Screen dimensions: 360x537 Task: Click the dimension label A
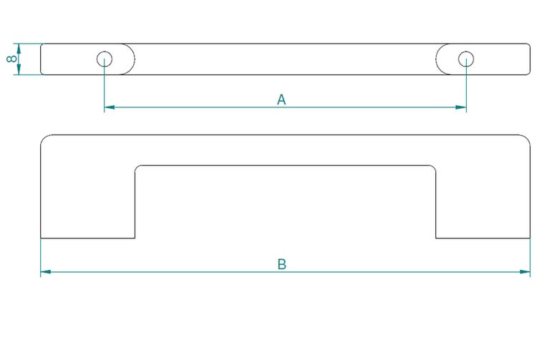click(x=281, y=99)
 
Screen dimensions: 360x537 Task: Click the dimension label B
click(x=282, y=264)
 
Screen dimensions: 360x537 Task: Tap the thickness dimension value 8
click(x=11, y=59)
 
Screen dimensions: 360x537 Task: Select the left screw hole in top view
click(x=105, y=59)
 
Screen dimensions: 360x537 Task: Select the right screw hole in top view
click(x=465, y=59)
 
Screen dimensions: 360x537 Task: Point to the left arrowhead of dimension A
click(x=109, y=107)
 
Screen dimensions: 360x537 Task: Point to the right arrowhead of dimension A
click(x=462, y=107)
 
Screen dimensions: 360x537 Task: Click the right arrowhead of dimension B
click(x=526, y=272)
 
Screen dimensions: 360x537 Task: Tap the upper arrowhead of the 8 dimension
click(x=19, y=47)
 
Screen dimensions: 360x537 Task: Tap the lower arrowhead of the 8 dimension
click(x=19, y=70)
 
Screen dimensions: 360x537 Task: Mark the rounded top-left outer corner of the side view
click(x=44, y=138)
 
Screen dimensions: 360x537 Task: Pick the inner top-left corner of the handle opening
click(x=138, y=168)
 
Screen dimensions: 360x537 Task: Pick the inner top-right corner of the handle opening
click(x=433, y=168)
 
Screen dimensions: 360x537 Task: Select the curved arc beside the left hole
click(x=134, y=59)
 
